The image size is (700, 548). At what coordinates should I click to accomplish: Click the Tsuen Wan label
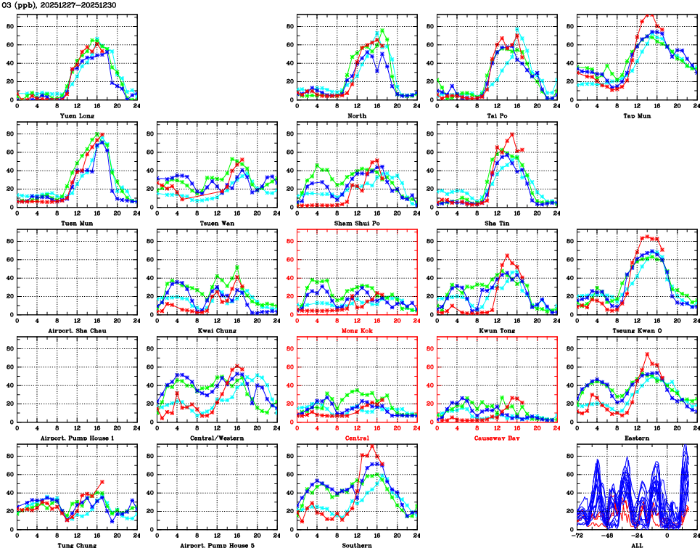coord(217,223)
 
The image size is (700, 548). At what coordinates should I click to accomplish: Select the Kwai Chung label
coord(217,330)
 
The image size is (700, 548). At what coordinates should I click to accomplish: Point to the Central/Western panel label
coord(217,438)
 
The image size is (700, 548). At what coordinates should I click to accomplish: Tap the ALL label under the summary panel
coord(636,544)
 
